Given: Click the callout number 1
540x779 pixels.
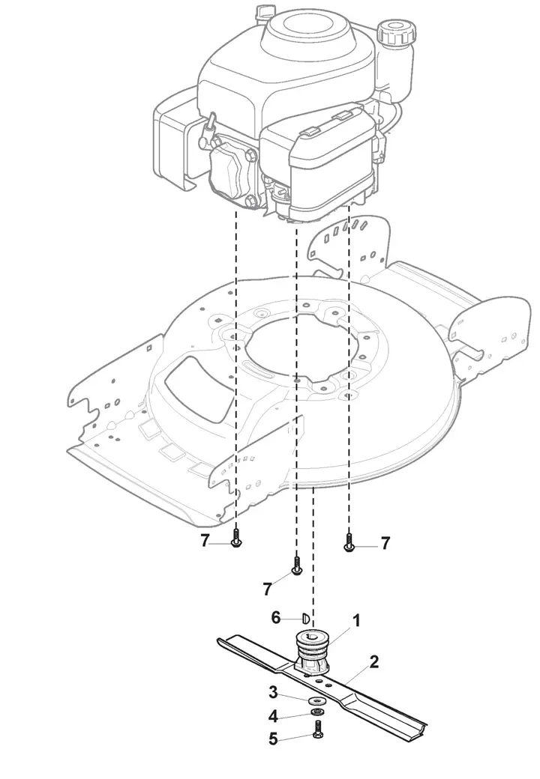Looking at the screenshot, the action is click(355, 620).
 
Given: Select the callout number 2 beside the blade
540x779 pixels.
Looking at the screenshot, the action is click(374, 661).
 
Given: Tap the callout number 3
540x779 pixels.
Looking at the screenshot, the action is click(273, 692).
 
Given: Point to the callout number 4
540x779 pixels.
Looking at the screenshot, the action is click(273, 716).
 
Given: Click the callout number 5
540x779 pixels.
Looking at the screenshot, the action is click(273, 739).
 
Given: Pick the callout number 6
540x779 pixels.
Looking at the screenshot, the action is click(276, 617).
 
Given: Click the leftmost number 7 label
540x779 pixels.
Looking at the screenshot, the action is click(205, 541).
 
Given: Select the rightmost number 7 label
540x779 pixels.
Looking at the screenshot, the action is click(385, 543).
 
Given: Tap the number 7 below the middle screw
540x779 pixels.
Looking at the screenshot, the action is click(268, 589).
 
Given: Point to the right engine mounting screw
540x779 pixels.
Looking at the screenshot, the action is click(349, 541).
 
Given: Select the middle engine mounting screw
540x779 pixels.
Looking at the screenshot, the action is click(296, 566).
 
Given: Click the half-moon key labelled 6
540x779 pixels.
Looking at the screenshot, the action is click(306, 619).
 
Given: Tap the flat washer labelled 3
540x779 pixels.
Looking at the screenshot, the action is click(315, 700).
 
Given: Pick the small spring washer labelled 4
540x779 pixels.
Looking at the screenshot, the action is click(316, 713).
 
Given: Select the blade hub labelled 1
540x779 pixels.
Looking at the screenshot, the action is click(312, 651).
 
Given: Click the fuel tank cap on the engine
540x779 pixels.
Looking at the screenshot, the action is click(395, 32).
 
